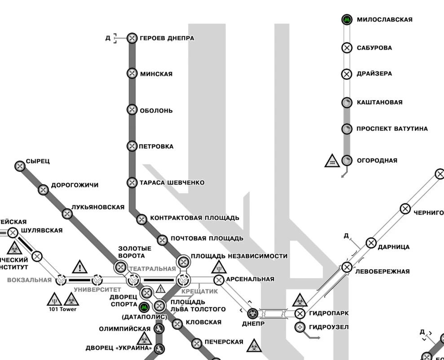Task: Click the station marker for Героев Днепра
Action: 132,38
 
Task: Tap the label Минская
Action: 156,74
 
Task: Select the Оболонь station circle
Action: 132,110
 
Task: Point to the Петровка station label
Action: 156,147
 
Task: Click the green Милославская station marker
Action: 347,20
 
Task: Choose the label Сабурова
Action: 374,48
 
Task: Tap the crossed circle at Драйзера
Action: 347,74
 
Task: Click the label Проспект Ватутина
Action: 392,129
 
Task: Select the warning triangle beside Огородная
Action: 332,161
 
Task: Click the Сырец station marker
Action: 20,166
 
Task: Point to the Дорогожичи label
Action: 75,185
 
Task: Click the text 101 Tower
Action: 63,309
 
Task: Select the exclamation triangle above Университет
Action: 80,267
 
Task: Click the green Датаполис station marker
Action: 144,307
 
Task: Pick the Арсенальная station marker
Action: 219,280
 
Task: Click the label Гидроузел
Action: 329,327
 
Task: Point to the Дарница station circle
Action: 371,243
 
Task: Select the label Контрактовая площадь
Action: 194,218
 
